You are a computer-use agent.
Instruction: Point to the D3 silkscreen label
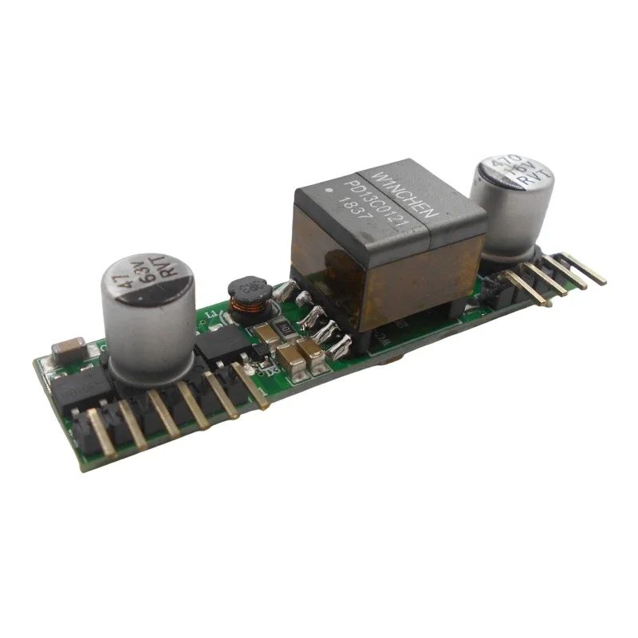click(x=270, y=368)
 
